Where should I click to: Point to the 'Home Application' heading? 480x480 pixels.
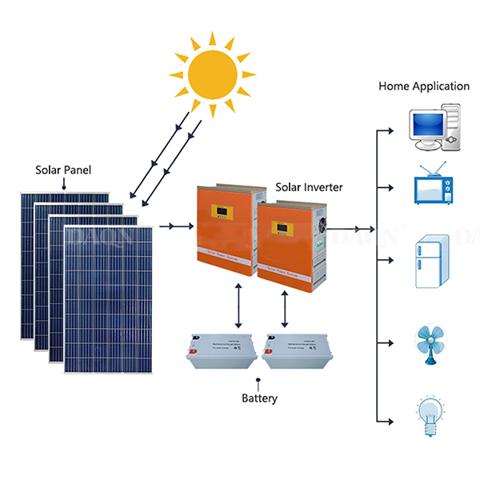[x=423, y=86]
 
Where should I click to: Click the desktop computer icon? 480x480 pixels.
[x=433, y=128]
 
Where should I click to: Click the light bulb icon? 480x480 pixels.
[x=431, y=415]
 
